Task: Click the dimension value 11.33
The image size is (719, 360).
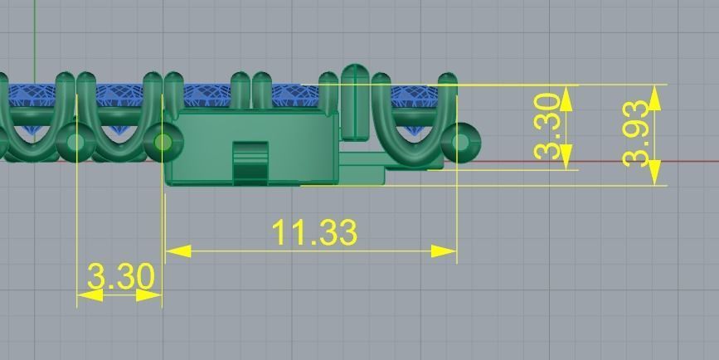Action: click(314, 233)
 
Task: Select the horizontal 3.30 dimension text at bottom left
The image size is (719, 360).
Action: click(121, 277)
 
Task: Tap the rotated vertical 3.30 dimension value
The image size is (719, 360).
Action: click(551, 129)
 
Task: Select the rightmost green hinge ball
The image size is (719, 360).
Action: click(462, 141)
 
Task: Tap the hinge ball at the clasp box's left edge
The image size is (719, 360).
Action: click(163, 143)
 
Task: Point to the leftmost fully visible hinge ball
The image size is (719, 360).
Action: click(76, 141)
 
